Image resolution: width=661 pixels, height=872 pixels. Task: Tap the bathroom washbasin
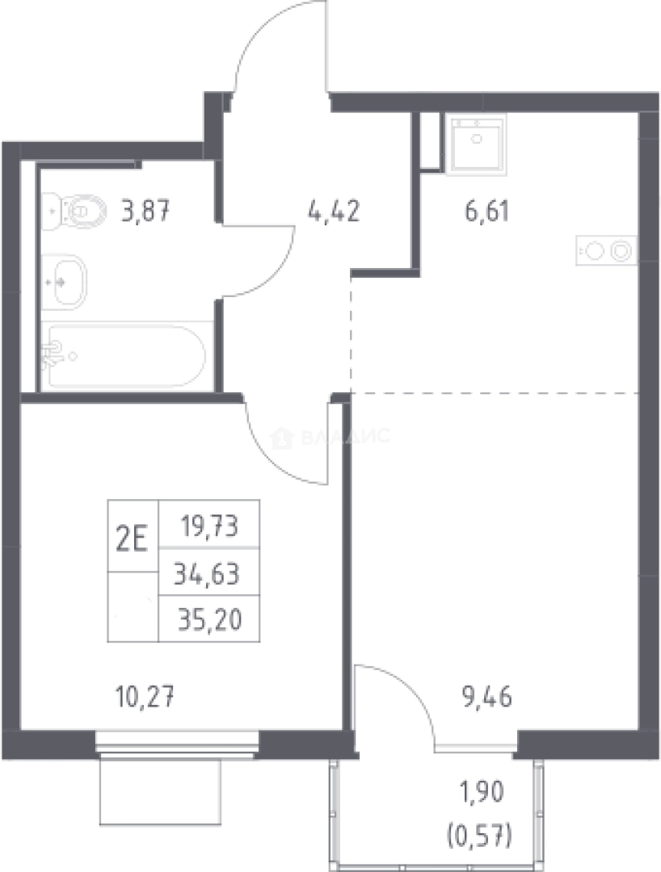65,282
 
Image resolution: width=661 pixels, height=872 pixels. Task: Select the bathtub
124,356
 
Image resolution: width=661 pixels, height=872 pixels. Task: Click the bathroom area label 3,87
145,212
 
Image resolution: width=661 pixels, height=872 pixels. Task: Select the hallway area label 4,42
334,212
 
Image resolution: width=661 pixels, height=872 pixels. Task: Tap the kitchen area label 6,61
487,212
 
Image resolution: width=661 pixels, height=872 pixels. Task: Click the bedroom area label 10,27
145,697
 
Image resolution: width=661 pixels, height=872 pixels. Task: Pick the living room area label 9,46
486,697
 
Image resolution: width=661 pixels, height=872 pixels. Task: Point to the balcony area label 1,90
481,791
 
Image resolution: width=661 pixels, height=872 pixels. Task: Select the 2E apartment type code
133,539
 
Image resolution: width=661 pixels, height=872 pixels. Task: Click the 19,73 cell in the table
208,525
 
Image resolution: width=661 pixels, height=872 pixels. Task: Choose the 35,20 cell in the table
210,620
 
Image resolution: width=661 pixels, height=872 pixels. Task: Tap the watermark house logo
281,438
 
